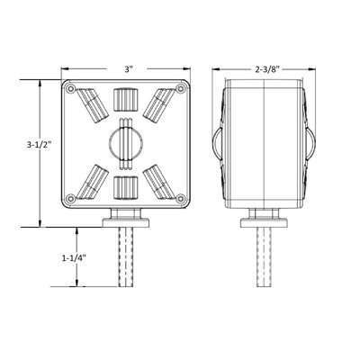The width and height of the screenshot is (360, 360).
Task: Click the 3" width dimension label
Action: click(x=129, y=69)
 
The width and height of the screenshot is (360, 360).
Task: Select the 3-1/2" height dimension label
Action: click(x=39, y=144)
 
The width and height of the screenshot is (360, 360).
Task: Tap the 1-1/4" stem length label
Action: click(x=74, y=258)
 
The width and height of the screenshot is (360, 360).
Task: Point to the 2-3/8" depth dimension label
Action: click(x=267, y=69)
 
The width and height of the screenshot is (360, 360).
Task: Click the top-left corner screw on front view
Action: click(x=71, y=89)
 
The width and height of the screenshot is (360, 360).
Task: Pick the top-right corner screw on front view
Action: click(x=181, y=89)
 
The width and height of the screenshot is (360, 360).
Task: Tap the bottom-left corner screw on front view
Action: click(x=71, y=198)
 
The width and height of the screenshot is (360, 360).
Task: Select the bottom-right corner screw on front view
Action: click(x=181, y=198)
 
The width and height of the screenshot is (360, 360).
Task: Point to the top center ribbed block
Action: click(x=126, y=100)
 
